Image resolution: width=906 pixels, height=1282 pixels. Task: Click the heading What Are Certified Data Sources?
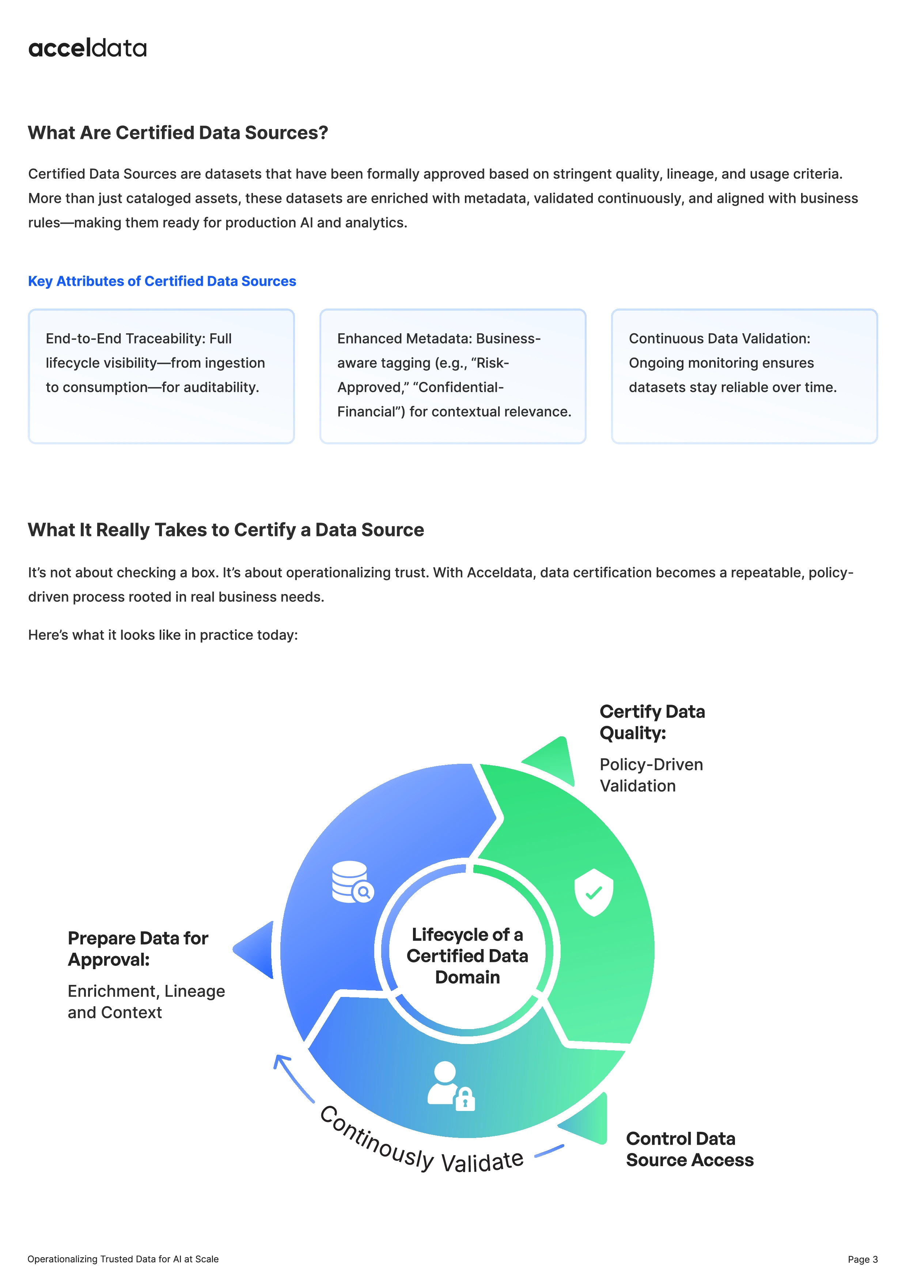click(x=178, y=133)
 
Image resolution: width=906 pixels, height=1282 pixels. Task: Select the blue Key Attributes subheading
click(x=162, y=281)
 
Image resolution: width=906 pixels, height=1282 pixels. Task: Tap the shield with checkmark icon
click(x=594, y=892)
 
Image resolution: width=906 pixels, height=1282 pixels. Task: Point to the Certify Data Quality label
click(x=652, y=722)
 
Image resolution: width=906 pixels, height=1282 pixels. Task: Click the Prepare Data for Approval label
click(x=138, y=949)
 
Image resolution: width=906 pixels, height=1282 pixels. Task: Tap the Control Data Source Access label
click(x=689, y=1149)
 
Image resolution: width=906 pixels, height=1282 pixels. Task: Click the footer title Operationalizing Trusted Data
click(x=123, y=1259)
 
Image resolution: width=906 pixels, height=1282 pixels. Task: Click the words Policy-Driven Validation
click(x=651, y=775)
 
